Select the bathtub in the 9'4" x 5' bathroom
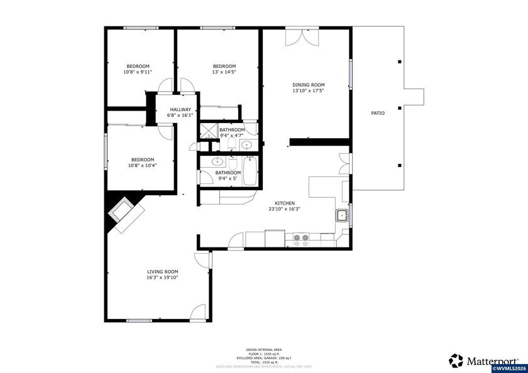(x=250, y=171)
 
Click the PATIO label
(x=377, y=113)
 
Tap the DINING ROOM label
(x=309, y=85)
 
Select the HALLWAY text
(x=180, y=109)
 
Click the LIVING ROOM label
(x=163, y=271)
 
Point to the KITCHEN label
(x=285, y=203)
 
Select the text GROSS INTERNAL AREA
(x=263, y=349)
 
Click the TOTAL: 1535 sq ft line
(x=263, y=362)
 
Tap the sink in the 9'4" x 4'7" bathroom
(x=247, y=146)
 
